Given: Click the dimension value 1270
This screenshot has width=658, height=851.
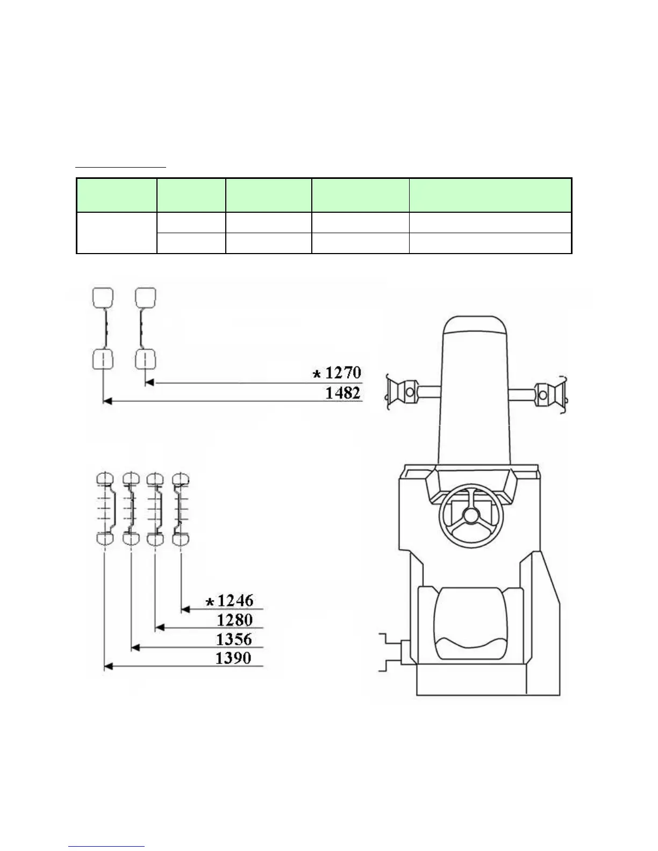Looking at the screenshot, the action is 343,372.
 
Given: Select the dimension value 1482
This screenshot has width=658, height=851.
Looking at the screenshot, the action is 343,392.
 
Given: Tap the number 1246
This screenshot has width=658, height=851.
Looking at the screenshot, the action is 235,600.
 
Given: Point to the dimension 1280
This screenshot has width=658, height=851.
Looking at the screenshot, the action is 235,620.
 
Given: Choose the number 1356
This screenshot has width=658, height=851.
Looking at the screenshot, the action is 234,639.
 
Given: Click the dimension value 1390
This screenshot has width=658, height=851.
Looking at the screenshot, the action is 233,658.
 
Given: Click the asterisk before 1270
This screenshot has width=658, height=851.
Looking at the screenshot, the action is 317,374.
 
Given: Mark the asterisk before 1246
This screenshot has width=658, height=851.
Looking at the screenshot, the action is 210,602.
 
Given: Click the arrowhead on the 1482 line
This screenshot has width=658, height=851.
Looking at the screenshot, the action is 108,401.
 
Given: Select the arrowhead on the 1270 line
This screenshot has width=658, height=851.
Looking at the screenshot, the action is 149,383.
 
